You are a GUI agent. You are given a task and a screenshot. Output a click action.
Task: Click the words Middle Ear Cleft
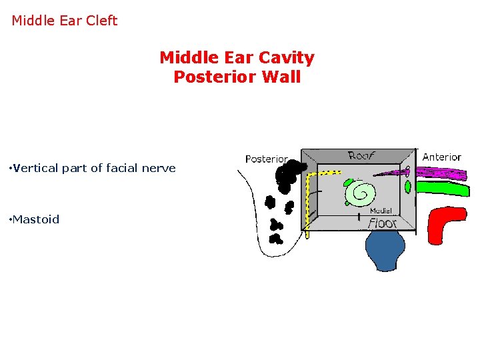point(64,21)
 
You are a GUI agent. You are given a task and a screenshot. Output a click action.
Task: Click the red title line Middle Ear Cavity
point(237,58)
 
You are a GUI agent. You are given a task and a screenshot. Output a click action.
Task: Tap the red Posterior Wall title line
point(237,77)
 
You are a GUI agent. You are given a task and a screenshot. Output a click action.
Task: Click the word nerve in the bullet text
point(160,168)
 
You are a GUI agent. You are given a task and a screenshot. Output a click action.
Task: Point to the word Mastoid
point(36,219)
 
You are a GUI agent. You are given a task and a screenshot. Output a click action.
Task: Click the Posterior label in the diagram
point(266,159)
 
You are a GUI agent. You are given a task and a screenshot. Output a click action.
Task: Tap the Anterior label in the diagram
point(441,157)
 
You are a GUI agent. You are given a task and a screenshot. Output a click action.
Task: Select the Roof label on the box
point(361,155)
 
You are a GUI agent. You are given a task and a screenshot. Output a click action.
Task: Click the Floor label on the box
point(383,223)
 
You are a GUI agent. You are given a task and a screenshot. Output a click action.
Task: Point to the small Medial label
point(381,211)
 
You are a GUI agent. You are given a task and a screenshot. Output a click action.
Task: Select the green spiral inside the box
point(362,193)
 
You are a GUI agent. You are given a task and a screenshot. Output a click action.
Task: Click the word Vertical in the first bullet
point(33,168)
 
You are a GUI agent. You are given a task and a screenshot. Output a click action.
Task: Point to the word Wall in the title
point(281,77)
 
